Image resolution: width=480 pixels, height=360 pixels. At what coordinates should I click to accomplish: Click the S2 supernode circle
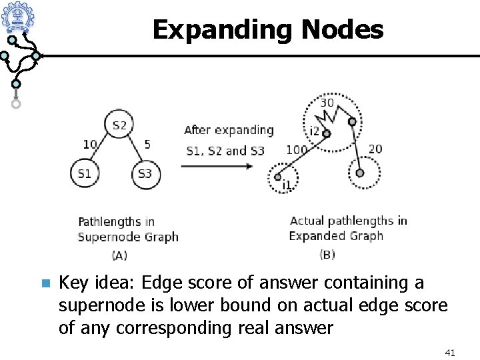[119, 125]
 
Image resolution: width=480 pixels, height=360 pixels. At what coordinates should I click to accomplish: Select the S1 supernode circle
[84, 174]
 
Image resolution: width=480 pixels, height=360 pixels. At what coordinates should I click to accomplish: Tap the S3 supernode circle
[145, 174]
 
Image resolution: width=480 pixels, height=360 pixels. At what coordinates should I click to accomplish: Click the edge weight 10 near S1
[90, 144]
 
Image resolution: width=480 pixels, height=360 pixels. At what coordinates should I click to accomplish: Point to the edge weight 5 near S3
[147, 144]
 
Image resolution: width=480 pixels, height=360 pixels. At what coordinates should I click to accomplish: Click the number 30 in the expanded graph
[327, 103]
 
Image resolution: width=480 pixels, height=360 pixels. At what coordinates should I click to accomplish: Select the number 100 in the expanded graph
[297, 150]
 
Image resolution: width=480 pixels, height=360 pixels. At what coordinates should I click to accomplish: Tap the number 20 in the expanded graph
[375, 148]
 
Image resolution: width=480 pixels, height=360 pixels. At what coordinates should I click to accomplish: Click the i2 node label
[314, 130]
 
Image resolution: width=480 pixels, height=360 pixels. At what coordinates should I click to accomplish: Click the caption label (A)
[119, 255]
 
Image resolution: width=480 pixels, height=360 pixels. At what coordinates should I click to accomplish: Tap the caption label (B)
[327, 254]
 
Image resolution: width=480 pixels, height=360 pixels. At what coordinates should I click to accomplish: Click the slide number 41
[449, 351]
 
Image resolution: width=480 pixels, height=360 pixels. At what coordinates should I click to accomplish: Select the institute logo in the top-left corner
[18, 17]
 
